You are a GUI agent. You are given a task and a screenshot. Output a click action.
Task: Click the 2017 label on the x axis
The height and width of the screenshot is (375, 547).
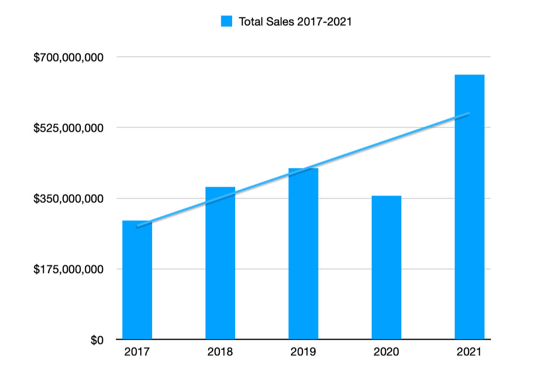click(137, 352)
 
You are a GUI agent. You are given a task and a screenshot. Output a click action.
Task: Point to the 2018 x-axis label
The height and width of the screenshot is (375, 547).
click(220, 352)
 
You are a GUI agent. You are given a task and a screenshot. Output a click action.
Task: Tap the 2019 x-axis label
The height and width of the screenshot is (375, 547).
click(303, 352)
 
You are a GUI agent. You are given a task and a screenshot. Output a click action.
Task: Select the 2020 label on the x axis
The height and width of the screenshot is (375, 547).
click(386, 352)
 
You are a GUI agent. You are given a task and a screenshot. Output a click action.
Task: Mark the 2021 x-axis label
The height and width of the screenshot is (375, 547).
click(469, 352)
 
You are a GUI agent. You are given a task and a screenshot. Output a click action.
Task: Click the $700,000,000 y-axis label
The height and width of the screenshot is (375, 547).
click(68, 57)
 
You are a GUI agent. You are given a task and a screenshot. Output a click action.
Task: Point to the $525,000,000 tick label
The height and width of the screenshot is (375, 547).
click(68, 128)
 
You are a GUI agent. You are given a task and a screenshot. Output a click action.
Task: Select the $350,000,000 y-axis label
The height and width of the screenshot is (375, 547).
click(68, 199)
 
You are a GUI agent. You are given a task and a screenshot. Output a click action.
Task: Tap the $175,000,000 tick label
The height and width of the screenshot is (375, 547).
click(68, 269)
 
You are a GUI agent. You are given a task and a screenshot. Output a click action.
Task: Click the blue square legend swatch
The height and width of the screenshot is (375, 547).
click(226, 21)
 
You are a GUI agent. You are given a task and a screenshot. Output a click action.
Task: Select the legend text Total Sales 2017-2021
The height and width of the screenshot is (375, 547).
click(295, 21)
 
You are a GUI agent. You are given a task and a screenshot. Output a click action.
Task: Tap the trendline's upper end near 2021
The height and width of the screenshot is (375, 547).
click(468, 113)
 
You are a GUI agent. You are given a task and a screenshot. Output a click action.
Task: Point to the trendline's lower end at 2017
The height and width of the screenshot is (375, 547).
click(138, 226)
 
